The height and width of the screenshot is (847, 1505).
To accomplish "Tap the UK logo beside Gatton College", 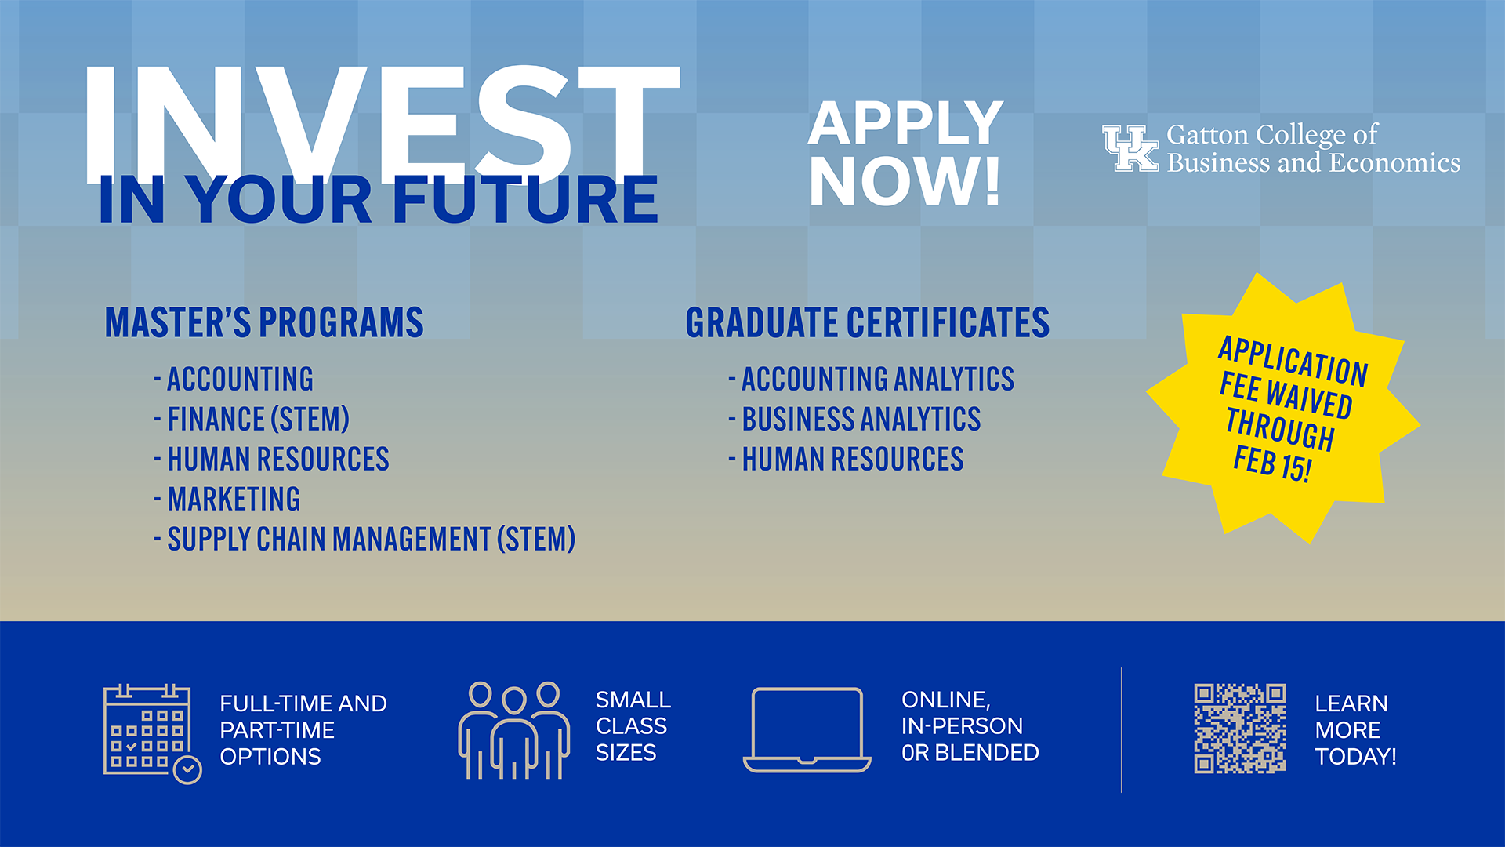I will point(1130,148).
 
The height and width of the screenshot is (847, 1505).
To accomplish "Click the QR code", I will point(1239,729).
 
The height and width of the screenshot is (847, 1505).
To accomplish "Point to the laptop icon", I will point(807,729).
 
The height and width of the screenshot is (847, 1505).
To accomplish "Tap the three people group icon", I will point(514,730).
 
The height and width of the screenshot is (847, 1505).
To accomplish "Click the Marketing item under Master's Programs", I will point(234,500).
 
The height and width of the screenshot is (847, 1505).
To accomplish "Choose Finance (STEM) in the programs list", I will point(258,420).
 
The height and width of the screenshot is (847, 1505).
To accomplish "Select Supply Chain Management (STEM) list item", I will point(371,540).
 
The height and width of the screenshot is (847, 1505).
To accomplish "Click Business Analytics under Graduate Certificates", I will point(861,420).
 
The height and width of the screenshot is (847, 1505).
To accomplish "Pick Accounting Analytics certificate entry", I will point(877,380).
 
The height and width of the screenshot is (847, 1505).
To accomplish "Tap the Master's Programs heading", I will point(264,323).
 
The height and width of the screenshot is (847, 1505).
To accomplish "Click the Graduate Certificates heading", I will point(867,323).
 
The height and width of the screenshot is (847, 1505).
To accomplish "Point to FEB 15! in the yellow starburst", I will point(1271,463).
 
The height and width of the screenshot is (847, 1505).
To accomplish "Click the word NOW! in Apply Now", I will point(905,182).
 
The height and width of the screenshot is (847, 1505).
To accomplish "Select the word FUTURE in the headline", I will point(525,200).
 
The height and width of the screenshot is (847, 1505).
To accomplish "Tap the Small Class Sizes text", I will point(633,726).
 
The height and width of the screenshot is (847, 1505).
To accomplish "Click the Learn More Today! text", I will point(1355,730).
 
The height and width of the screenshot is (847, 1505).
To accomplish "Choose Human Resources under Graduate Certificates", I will point(852,460).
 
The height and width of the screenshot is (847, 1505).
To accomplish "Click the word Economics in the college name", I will point(1394,162).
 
